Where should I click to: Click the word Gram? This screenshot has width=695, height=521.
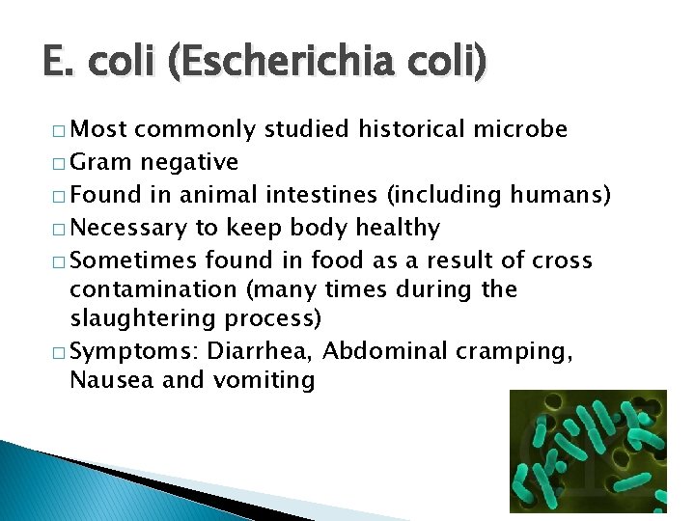(x=103, y=162)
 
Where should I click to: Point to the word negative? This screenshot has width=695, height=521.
(x=190, y=162)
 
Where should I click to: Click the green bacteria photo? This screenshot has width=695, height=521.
(x=587, y=449)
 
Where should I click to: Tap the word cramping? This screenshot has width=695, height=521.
(x=521, y=351)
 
